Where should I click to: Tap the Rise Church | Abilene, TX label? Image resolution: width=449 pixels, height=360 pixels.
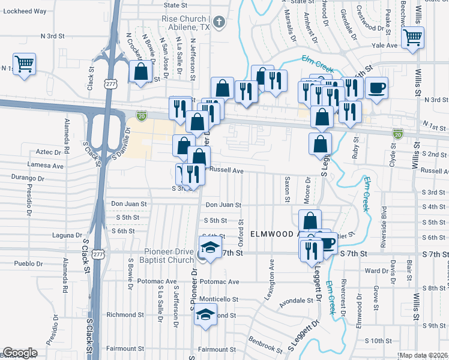[x=185, y=23]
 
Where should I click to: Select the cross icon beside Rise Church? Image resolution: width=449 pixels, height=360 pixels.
[x=220, y=23]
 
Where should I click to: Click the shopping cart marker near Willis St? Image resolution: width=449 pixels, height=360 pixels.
[x=413, y=38]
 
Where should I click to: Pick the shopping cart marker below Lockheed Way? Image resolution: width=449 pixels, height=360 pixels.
[x=25, y=64]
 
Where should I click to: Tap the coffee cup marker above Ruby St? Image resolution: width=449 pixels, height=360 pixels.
[x=376, y=88]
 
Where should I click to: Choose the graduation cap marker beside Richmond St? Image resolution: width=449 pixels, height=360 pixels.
[x=205, y=313]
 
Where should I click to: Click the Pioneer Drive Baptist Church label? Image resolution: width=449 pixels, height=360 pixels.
[x=160, y=256]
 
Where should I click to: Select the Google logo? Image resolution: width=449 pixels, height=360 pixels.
[x=20, y=353]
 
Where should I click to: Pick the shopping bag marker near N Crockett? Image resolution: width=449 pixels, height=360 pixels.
[x=140, y=72]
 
